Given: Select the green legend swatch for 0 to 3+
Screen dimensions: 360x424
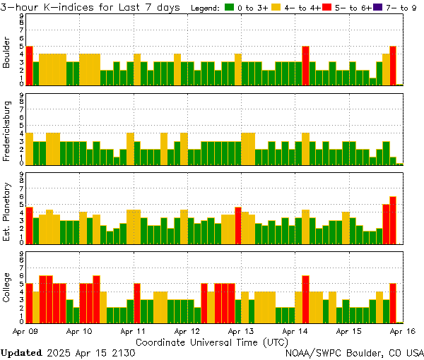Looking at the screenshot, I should (229, 7).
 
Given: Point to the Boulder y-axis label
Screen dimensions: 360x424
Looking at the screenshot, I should (7, 54).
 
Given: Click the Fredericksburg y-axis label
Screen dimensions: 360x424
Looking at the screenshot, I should (7, 133).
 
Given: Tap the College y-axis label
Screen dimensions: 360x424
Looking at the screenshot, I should (7, 289).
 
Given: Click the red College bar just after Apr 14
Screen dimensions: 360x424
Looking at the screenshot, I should (306, 298).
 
